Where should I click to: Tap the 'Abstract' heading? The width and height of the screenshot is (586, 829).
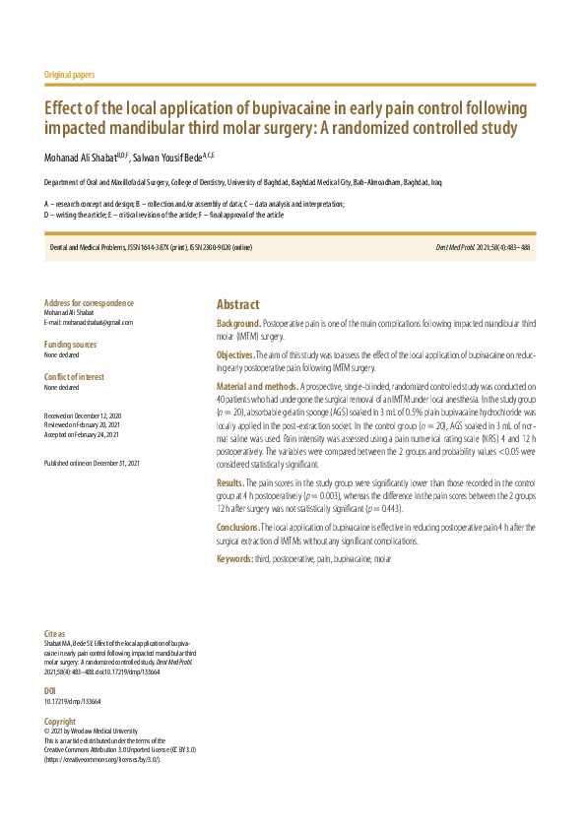pos(238,305)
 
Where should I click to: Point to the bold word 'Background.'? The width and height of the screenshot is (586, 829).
pos(239,323)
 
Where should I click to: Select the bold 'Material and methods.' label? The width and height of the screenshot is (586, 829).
pos(257,387)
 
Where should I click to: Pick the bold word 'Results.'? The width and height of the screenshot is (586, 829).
pos(230,483)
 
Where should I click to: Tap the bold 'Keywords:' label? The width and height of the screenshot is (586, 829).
pos(235,559)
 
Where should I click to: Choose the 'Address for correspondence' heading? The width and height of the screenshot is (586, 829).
pos(90,303)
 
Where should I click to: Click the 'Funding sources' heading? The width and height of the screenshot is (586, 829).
pos(71,345)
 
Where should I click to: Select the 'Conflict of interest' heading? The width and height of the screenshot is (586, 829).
pos(75,377)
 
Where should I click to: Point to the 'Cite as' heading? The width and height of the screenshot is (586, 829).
pos(55,633)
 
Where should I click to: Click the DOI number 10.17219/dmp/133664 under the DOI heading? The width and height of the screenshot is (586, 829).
pos(73,702)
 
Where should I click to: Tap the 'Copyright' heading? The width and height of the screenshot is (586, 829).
pos(60,722)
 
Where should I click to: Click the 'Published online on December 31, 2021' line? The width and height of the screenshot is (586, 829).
pos(93,463)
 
